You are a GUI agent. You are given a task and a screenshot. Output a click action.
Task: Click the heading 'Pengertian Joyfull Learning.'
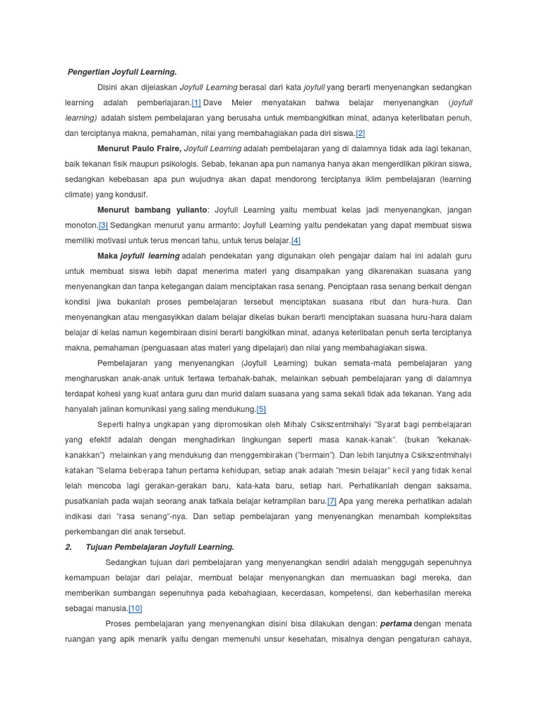[x=122, y=71]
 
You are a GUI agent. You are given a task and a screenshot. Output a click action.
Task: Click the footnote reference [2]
[x=360, y=133]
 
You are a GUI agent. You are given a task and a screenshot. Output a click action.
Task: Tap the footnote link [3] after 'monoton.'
[x=103, y=225]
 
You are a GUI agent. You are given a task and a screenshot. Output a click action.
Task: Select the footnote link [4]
[x=296, y=240]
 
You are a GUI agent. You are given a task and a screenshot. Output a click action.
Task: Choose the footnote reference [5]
[x=262, y=409]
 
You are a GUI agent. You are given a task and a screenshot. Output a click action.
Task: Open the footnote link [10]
[x=135, y=608]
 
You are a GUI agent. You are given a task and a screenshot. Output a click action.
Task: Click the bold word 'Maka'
[x=107, y=256]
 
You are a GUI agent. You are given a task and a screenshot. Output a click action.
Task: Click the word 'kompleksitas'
[x=444, y=516]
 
